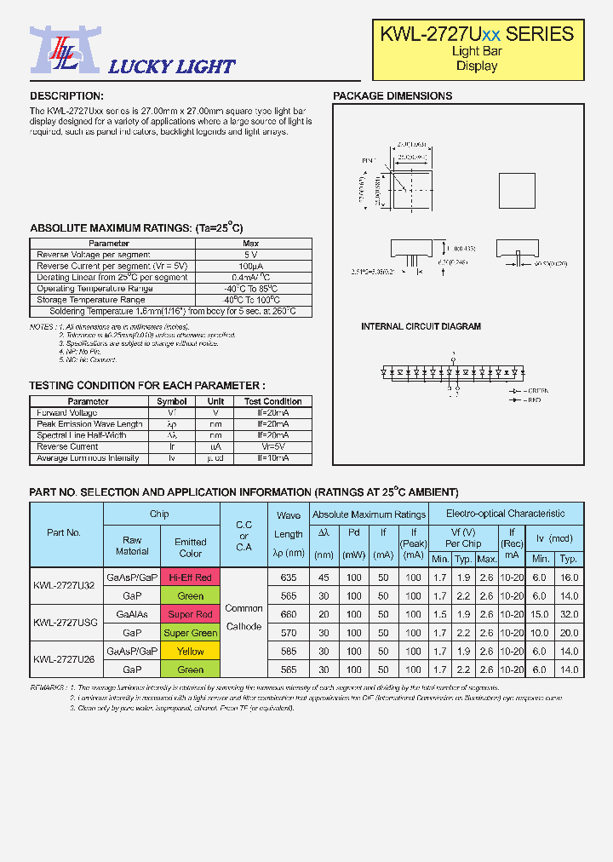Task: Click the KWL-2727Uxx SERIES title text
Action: tap(477, 34)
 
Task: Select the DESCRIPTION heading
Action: tap(66, 96)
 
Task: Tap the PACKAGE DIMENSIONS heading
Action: tap(392, 96)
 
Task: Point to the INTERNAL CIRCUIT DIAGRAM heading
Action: tap(421, 327)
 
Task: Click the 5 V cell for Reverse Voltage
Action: tap(250, 255)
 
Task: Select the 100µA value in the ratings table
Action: tap(250, 267)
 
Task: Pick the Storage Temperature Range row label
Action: tap(91, 300)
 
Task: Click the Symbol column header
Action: tap(172, 401)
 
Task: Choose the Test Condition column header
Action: tap(273, 401)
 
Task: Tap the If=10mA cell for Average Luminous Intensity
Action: tap(273, 458)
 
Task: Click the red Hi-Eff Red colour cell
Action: tap(191, 578)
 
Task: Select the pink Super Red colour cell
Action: tap(191, 614)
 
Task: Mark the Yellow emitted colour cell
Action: tap(191, 652)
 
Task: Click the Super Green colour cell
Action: tap(191, 633)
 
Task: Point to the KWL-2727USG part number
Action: tap(66, 623)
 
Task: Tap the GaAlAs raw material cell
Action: tap(132, 614)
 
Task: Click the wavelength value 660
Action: tap(289, 614)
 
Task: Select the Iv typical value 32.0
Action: tap(570, 614)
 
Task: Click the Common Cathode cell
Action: tap(244, 618)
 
